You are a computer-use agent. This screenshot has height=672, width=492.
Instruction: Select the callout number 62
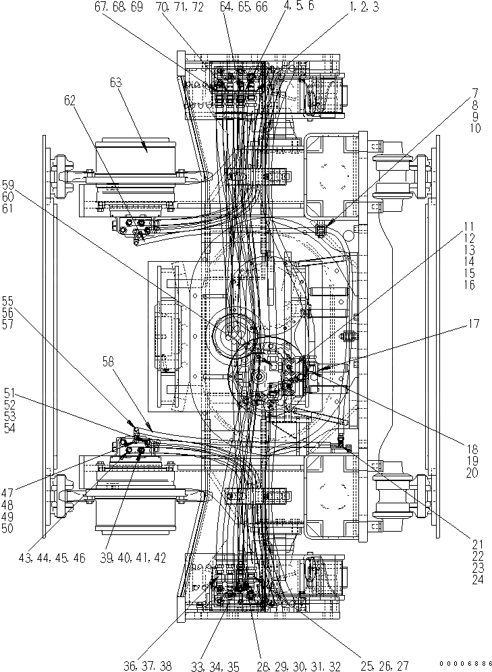click(x=70, y=101)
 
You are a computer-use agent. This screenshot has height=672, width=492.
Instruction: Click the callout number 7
click(x=474, y=92)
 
